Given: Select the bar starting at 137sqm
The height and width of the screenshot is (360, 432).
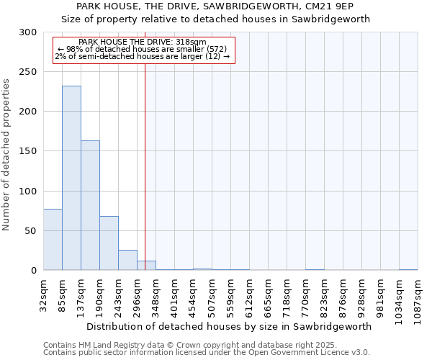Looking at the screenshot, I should pyautogui.click(x=90, y=205).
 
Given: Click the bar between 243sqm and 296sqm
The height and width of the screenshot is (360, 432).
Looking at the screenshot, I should pyautogui.click(x=127, y=260).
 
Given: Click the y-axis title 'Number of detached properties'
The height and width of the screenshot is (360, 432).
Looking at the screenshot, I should pyautogui.click(x=6, y=154).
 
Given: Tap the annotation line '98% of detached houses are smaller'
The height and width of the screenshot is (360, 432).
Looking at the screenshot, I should pyautogui.click(x=142, y=49).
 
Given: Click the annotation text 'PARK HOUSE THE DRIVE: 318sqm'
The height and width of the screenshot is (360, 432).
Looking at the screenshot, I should pyautogui.click(x=142, y=42).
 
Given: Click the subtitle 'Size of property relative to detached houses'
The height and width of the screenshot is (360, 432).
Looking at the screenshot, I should pyautogui.click(x=215, y=19).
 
